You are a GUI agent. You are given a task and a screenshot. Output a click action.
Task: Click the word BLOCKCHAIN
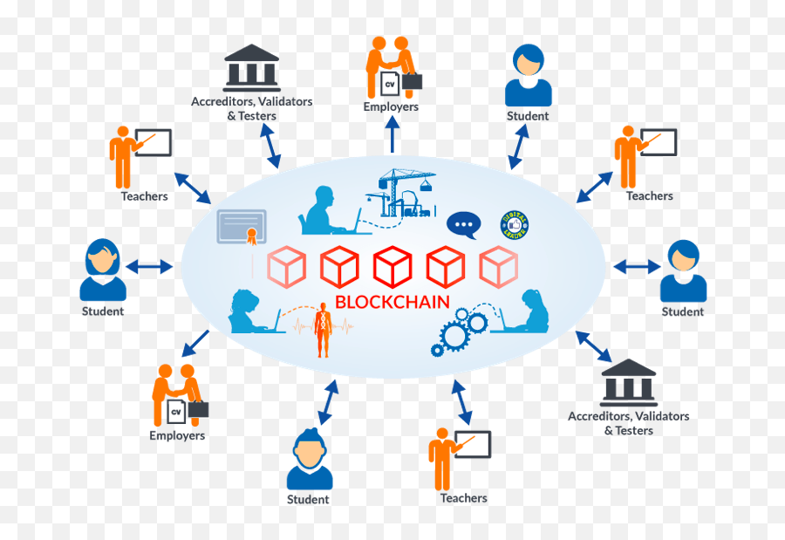pos(392,303)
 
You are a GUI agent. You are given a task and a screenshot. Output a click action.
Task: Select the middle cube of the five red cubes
pos(392,267)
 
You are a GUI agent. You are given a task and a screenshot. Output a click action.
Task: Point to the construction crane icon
pos(405,194)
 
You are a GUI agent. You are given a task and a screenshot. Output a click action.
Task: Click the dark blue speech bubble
pos(464,224)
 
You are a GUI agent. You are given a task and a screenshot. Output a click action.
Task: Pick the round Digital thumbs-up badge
pos(516,225)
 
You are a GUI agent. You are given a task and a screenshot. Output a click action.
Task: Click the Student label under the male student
pos(309,500)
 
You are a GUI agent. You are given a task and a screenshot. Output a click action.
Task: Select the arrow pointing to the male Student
pos(327,402)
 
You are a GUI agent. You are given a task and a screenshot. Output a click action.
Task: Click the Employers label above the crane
pos(391,106)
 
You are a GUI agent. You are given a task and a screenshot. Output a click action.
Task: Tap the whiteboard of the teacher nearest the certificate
pos(154,142)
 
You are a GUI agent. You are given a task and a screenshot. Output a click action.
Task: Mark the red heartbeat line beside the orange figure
pos(301,327)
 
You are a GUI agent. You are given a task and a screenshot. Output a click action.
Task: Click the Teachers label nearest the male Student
pos(463,498)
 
